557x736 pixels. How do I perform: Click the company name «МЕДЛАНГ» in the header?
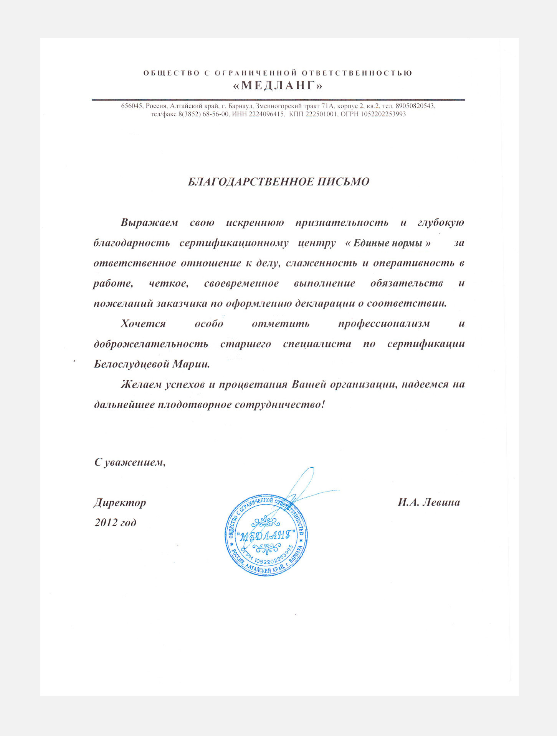[x=278, y=85]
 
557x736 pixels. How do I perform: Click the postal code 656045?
[x=132, y=106]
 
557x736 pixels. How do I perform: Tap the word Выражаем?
[x=149, y=223]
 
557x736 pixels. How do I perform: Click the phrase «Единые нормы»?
[x=388, y=243]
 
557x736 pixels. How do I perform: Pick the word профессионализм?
[x=384, y=324]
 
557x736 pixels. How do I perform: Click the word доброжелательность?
[x=151, y=344]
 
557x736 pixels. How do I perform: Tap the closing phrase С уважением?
[x=130, y=462]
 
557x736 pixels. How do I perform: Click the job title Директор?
[x=120, y=503]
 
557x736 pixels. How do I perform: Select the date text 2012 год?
[x=115, y=523]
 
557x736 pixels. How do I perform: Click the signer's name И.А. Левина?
[x=429, y=503]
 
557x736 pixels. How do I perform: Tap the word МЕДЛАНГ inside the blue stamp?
[x=266, y=535]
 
